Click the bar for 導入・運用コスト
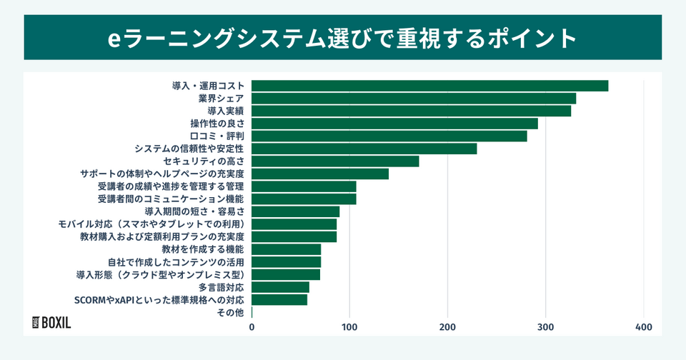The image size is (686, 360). pos(429,86)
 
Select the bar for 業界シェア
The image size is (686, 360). pos(414,99)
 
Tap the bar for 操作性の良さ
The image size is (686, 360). pos(394,124)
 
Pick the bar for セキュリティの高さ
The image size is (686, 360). pos(335,161)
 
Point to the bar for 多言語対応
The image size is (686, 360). pos(280,287)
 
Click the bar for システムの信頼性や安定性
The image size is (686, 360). pos(364,149)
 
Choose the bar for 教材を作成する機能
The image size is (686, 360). pos(286,249)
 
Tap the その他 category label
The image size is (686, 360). pos(230,312)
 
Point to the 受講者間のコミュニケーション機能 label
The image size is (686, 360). pos(171,199)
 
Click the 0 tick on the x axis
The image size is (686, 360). pos(252,327)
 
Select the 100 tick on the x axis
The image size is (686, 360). pos(349,327)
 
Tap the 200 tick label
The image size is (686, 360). pos(448,327)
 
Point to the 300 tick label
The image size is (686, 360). pos(546,327)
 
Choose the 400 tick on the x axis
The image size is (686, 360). pos(644,327)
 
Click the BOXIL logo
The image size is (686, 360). pos(52,322)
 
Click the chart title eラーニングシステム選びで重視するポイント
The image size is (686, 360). pos(342,38)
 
